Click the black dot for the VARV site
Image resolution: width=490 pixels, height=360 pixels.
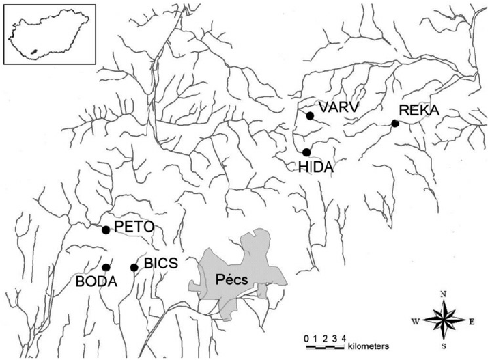tap(310, 116)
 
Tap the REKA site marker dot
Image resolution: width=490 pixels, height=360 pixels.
tap(394, 123)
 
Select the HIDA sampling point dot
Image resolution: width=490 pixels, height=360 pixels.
tap(306, 152)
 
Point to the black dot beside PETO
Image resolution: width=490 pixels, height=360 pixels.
tap(106, 230)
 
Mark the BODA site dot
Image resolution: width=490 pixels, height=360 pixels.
tap(106, 267)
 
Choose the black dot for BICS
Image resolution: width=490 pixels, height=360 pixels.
tap(134, 267)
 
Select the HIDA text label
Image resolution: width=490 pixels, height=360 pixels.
tap(316, 166)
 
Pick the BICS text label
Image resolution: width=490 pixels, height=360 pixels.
tap(158, 264)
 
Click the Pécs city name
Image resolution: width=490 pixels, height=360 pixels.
tap(232, 279)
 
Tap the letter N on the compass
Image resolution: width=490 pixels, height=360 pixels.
tap(444, 294)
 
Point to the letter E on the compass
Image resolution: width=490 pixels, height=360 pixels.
tap(471, 320)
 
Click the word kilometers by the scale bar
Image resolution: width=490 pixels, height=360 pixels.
tap(368, 347)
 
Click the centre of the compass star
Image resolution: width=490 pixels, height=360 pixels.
tap(444, 320)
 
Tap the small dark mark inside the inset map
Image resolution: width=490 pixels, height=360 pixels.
tap(34, 51)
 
